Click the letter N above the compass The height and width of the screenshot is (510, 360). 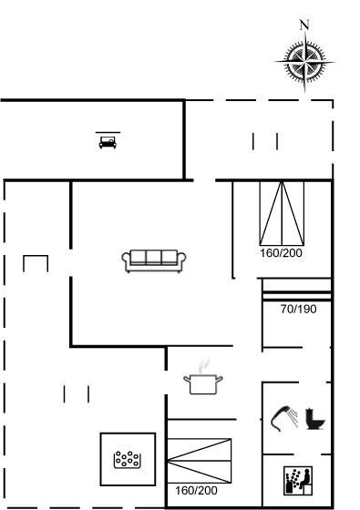tap(304, 25)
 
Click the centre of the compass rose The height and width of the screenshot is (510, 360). tap(305, 61)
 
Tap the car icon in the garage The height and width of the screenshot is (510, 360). tap(108, 142)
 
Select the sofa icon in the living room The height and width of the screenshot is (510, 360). tap(154, 260)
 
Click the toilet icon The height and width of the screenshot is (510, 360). tap(315, 419)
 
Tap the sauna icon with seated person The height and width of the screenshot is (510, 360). tap(298, 481)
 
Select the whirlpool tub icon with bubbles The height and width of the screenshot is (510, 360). tap(128, 460)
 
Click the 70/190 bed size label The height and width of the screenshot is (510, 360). tap(299, 309)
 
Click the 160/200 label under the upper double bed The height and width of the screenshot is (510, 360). tap(281, 253)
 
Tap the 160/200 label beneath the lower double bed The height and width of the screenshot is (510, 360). tap(196, 491)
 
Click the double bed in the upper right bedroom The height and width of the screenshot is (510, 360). tap(282, 213)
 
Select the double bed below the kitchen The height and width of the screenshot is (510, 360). tap(200, 461)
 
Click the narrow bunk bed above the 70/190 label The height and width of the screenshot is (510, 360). tap(296, 290)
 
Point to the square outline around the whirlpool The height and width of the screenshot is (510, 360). tap(100, 459)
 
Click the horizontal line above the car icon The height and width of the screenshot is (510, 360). tap(108, 132)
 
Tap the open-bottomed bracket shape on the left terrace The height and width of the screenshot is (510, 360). tap(36, 256)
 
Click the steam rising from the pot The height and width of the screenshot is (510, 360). tap(204, 365)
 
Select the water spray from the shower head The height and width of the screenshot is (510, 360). tap(293, 418)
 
